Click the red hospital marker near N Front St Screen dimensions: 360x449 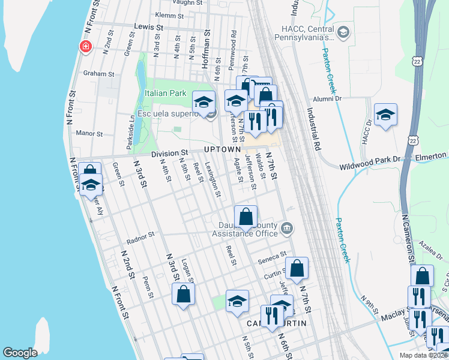[x=86, y=46]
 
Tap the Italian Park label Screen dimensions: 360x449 [x=165, y=94]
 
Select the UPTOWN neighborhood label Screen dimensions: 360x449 [x=222, y=149]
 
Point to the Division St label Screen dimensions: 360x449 [x=170, y=154]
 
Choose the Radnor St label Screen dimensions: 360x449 [x=141, y=235]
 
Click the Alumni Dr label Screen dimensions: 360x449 [x=327, y=98]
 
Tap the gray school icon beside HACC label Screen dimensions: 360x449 [x=343, y=32]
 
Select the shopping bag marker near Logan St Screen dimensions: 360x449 [x=184, y=295]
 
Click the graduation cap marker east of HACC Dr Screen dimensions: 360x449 [x=385, y=115]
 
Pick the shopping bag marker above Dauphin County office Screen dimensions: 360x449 [x=246, y=217]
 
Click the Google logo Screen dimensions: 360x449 [x=20, y=353]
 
